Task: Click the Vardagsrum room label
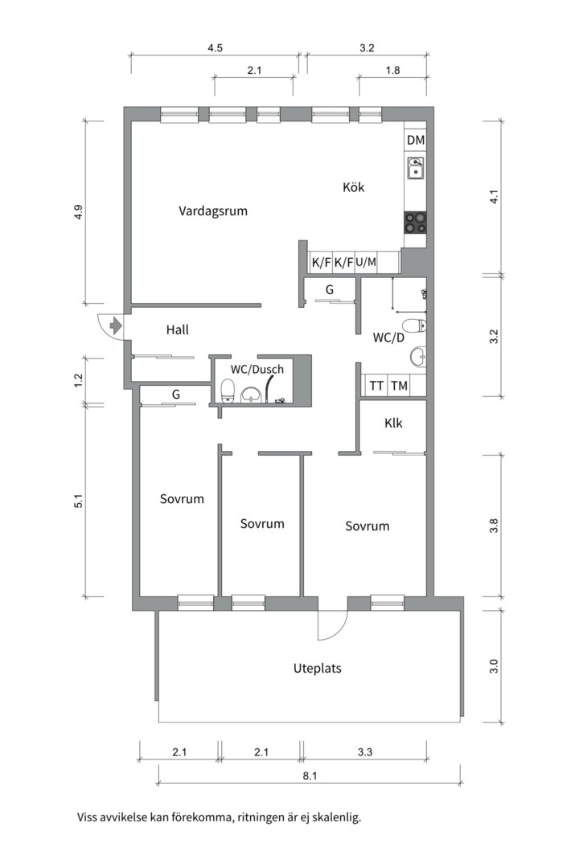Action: [x=213, y=212]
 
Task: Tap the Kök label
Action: [x=354, y=187]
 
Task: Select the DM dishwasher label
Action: [x=416, y=141]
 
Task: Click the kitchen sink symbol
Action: [x=416, y=169]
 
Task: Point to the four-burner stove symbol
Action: [x=416, y=222]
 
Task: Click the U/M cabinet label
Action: [x=366, y=262]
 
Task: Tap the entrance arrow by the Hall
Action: [x=114, y=325]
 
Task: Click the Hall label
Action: [x=178, y=330]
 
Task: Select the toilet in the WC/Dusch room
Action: [x=228, y=391]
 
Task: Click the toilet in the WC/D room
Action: [x=414, y=325]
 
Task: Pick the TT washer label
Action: [x=376, y=386]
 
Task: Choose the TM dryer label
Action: [x=399, y=386]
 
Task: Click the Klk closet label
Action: [x=393, y=424]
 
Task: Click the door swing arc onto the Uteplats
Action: [x=333, y=627]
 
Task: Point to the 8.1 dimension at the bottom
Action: [x=310, y=776]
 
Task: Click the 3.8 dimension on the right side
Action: [x=494, y=526]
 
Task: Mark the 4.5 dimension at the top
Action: [x=215, y=48]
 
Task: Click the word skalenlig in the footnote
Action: [x=335, y=818]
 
